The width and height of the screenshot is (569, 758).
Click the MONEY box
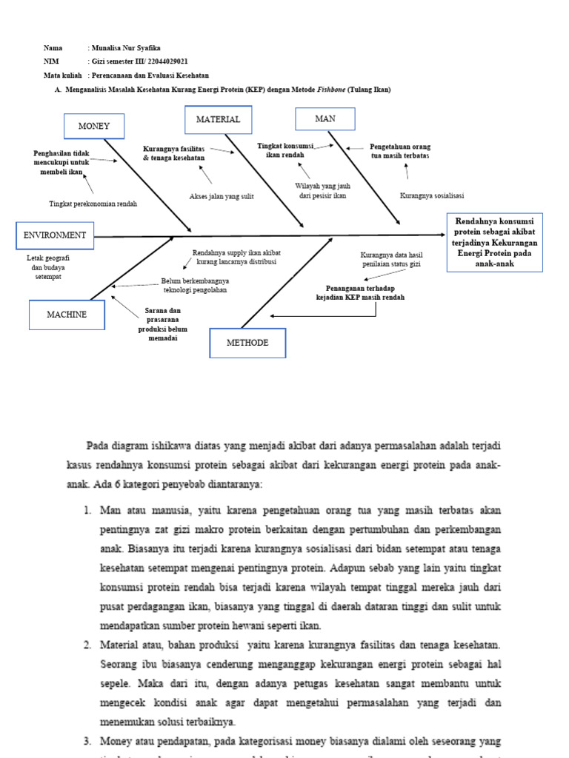94,127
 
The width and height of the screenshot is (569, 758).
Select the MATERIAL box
218,120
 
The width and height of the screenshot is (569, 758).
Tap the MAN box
325,119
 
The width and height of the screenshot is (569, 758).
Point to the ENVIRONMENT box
55,235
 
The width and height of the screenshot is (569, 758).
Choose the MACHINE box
67,315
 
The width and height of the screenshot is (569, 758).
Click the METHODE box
247,343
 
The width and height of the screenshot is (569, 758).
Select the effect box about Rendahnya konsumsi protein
496,242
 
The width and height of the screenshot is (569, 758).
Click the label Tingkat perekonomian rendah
93,203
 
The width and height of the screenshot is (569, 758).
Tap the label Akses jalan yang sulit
222,196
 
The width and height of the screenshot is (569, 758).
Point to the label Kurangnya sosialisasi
431,195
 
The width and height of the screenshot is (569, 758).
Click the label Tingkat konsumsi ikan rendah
286,150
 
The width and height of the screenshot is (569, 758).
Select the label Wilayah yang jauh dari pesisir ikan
323,191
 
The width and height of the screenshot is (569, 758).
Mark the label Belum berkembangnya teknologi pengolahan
195,285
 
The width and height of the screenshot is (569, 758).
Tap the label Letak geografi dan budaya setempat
47,266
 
